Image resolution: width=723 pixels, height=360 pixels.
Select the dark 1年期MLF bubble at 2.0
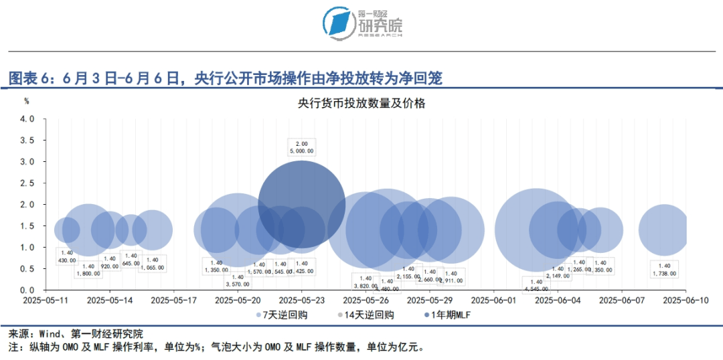(x=301, y=203)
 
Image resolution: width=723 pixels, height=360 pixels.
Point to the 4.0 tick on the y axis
(x=27, y=119)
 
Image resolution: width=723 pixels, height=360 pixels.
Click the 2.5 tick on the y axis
(x=27, y=183)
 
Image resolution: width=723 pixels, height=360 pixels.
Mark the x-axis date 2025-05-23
(x=301, y=301)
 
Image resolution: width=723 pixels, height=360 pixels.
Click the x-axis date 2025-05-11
(x=46, y=301)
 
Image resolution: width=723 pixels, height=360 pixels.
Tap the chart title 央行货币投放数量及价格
(x=361, y=104)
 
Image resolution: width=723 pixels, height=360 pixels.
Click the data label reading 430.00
(x=66, y=260)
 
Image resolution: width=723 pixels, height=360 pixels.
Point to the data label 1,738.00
(x=665, y=274)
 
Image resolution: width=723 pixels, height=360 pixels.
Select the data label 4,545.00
(x=536, y=289)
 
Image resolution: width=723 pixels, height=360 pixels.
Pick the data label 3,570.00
(x=237, y=284)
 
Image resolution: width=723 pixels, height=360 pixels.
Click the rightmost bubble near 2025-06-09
(x=663, y=230)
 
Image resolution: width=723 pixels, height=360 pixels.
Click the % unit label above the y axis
(x=27, y=101)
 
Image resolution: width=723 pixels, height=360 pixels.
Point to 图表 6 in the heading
(x=28, y=78)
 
